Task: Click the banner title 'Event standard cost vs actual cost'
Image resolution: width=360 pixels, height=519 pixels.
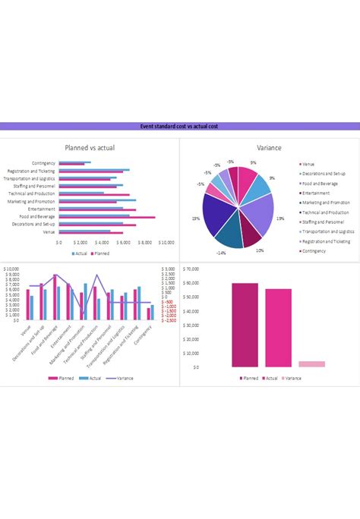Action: click(180, 126)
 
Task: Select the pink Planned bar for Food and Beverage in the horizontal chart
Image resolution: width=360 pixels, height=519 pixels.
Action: click(106, 218)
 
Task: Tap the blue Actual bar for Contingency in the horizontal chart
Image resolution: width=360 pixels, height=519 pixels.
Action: click(74, 162)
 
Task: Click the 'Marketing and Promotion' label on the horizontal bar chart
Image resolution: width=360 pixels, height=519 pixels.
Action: click(31, 201)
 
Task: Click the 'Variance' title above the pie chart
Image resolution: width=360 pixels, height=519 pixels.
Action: click(270, 147)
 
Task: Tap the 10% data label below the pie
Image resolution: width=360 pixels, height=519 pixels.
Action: click(259, 250)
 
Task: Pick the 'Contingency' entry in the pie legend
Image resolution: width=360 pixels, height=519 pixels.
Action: click(314, 250)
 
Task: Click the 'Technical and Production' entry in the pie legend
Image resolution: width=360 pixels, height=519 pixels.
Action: click(323, 212)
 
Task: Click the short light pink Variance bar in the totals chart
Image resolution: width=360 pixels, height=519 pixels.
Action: click(311, 363)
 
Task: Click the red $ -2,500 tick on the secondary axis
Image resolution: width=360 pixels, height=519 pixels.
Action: click(169, 321)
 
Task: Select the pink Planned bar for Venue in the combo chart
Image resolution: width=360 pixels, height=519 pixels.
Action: click(27, 304)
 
